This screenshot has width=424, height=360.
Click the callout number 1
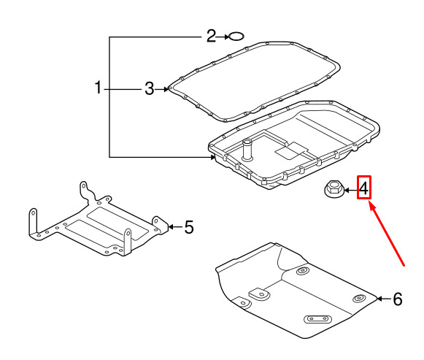tap(98, 88)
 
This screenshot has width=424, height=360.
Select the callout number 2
tap(211, 36)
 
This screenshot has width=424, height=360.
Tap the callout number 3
tap(150, 88)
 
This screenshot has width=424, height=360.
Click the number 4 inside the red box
tap(364, 188)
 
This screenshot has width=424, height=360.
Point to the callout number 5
tap(189, 226)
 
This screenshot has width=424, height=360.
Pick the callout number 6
tap(398, 299)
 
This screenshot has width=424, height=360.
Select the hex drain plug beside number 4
tap(334, 189)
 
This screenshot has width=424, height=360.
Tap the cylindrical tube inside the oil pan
tap(247, 150)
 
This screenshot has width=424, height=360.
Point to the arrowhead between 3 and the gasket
tap(166, 89)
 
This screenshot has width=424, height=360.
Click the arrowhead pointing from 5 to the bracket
tap(170, 226)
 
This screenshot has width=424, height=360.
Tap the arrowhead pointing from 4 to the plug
tap(347, 191)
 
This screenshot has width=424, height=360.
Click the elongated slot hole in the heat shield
tap(318, 319)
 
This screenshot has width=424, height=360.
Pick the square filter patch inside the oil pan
tap(291, 151)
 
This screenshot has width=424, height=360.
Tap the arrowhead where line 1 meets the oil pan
tap(213, 156)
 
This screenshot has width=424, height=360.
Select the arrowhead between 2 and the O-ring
tap(227, 37)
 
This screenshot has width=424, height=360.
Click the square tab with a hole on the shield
tap(260, 294)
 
